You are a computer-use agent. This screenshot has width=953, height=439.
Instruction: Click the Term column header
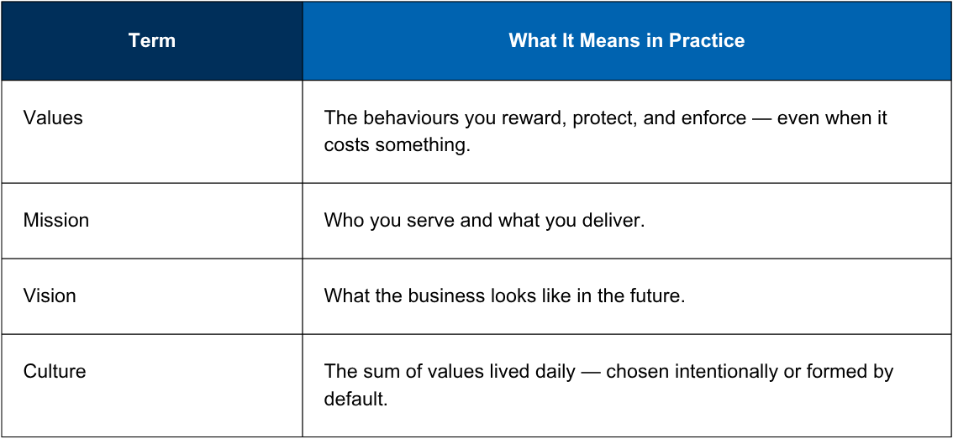(152, 40)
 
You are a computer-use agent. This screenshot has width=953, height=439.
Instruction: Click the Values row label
(53, 118)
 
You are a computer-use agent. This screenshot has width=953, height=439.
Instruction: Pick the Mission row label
(56, 220)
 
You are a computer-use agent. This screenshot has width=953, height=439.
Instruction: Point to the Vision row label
(50, 295)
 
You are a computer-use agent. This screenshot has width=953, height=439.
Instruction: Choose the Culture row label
(54, 371)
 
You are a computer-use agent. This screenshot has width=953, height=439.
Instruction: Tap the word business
(447, 295)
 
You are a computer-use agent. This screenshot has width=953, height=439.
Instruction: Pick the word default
(355, 400)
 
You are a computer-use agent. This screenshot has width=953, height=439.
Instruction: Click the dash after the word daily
(590, 373)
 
